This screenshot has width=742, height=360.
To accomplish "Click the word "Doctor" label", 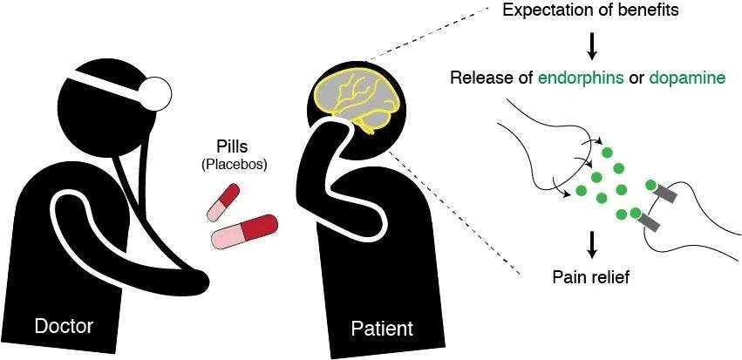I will [63, 326].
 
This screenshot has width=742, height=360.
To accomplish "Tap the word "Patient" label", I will [382, 329].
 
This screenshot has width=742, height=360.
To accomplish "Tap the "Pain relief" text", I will [593, 278].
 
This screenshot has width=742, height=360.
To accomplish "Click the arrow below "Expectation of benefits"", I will [593, 44].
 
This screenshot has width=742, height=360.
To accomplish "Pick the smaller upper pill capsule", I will [222, 201].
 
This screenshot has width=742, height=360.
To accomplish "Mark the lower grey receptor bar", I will [650, 223].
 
